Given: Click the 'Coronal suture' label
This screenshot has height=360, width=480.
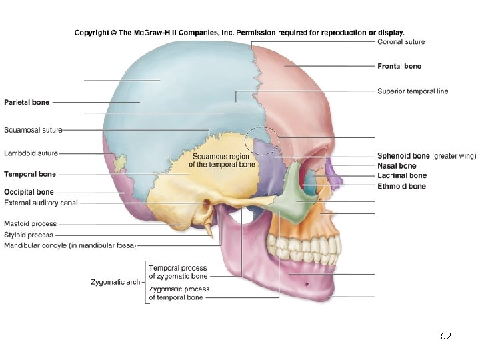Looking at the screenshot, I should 401,42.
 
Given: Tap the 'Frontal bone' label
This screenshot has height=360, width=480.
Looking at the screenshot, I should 399,66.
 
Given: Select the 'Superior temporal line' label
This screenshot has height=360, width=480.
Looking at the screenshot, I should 413,91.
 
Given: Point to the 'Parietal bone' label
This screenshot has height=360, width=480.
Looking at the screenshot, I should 27,103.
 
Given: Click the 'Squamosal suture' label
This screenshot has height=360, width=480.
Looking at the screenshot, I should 33,130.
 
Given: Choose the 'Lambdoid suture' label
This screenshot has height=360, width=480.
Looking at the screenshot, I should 31,153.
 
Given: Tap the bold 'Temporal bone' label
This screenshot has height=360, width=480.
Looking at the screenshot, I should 30,174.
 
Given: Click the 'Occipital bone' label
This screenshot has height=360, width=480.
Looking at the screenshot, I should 29,193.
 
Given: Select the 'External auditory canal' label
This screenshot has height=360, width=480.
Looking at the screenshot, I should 41,203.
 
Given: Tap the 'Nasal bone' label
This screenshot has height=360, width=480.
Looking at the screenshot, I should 397,166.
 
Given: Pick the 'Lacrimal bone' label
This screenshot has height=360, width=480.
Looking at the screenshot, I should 401,176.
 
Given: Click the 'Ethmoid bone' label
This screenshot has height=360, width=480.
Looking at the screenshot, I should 401,187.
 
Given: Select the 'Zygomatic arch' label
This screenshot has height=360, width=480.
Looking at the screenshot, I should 115,282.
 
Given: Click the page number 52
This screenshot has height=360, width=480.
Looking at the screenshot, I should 446,337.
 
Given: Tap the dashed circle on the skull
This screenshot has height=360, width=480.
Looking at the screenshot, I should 261,141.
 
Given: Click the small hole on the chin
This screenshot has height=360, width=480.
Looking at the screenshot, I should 307,285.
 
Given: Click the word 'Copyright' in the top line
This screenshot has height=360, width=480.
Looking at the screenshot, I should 91,32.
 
